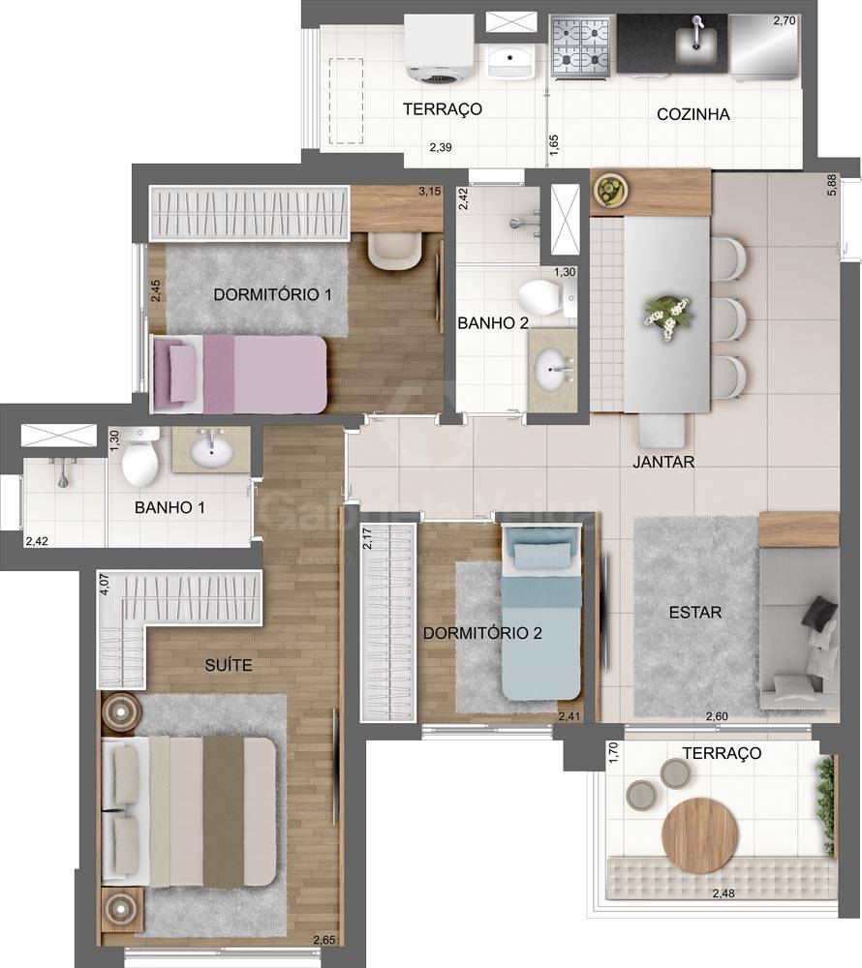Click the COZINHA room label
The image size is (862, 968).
693,114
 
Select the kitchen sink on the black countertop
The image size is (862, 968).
694,42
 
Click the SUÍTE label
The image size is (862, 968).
229,665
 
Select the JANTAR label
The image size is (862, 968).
663,462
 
